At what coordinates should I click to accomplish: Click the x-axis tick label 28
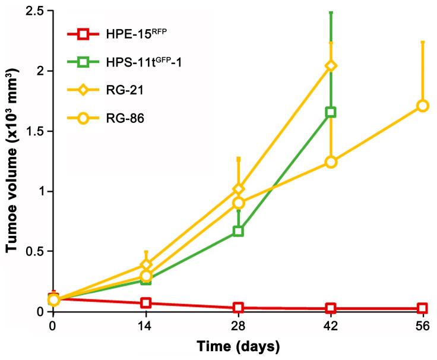point(238,326)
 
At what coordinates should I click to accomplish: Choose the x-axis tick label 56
point(423,326)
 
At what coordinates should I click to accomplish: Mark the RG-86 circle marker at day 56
point(423,105)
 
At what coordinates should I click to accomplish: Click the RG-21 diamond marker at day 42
point(331,65)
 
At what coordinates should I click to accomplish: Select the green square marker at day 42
point(331,112)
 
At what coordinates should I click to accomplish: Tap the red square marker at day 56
point(423,308)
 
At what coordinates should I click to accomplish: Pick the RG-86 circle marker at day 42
point(331,162)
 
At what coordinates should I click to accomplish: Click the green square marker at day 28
point(238,230)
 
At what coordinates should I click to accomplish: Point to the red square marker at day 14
point(145,303)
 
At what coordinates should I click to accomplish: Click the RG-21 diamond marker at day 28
point(238,189)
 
